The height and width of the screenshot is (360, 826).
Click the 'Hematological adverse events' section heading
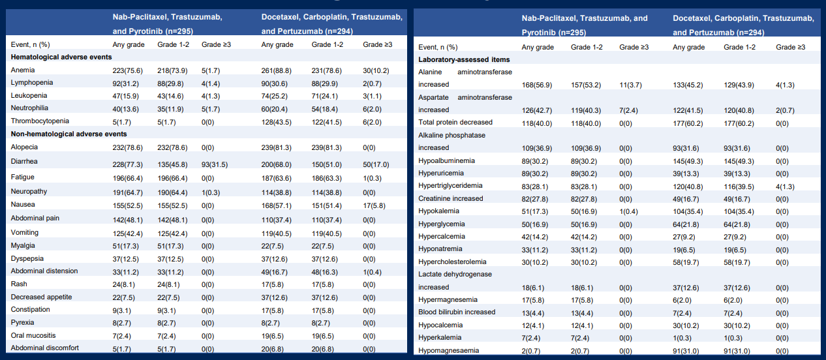pos(61,57)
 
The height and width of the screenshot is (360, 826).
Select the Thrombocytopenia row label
pos(40,121)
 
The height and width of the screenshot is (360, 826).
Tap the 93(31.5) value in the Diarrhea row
pos(215,164)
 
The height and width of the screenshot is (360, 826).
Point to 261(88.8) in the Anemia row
pos(276,70)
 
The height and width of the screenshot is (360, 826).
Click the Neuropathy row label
pos(29,191)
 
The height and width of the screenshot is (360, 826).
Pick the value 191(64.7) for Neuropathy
pos(128,192)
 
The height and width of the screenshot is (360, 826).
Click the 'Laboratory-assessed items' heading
pos(464,60)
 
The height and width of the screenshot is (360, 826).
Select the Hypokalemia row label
pos(438,211)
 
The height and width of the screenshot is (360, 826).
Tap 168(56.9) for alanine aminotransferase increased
pos(536,85)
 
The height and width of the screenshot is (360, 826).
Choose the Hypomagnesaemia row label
pos(448,350)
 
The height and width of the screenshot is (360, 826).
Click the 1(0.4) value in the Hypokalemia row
pos(628,211)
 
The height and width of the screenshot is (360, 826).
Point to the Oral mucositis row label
pos(33,335)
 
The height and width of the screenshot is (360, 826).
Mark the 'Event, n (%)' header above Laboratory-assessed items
pos(438,47)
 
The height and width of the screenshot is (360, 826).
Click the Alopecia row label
pos(24,147)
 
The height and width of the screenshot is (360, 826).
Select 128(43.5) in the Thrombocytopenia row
pos(276,122)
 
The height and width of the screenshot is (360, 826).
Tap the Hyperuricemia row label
pos(441,173)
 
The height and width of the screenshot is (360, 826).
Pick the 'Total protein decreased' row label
pos(455,123)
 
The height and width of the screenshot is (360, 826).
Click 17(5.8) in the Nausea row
pos(374,205)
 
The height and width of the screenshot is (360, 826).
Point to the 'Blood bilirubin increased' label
pos(457,312)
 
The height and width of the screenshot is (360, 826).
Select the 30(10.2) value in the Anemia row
pos(376,70)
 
